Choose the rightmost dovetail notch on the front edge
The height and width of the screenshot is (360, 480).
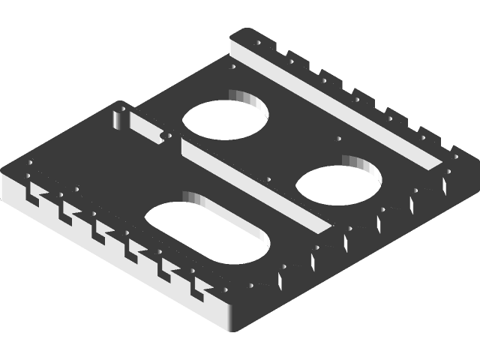198,286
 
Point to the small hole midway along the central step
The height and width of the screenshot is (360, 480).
268,178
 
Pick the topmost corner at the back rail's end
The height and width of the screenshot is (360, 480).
238,31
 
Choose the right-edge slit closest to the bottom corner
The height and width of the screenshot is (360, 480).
279,280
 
